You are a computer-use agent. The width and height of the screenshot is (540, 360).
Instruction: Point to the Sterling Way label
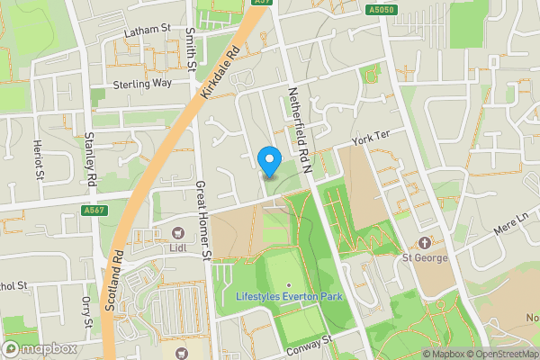point(142,83)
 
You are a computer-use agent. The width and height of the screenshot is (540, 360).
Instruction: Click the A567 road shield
point(94,211)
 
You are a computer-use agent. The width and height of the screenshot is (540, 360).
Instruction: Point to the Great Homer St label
point(203,219)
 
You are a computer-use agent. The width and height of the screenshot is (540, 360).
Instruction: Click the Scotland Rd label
point(113,279)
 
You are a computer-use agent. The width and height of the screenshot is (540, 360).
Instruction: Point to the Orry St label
point(87,312)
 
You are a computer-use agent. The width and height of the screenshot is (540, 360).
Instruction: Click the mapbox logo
point(40,348)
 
